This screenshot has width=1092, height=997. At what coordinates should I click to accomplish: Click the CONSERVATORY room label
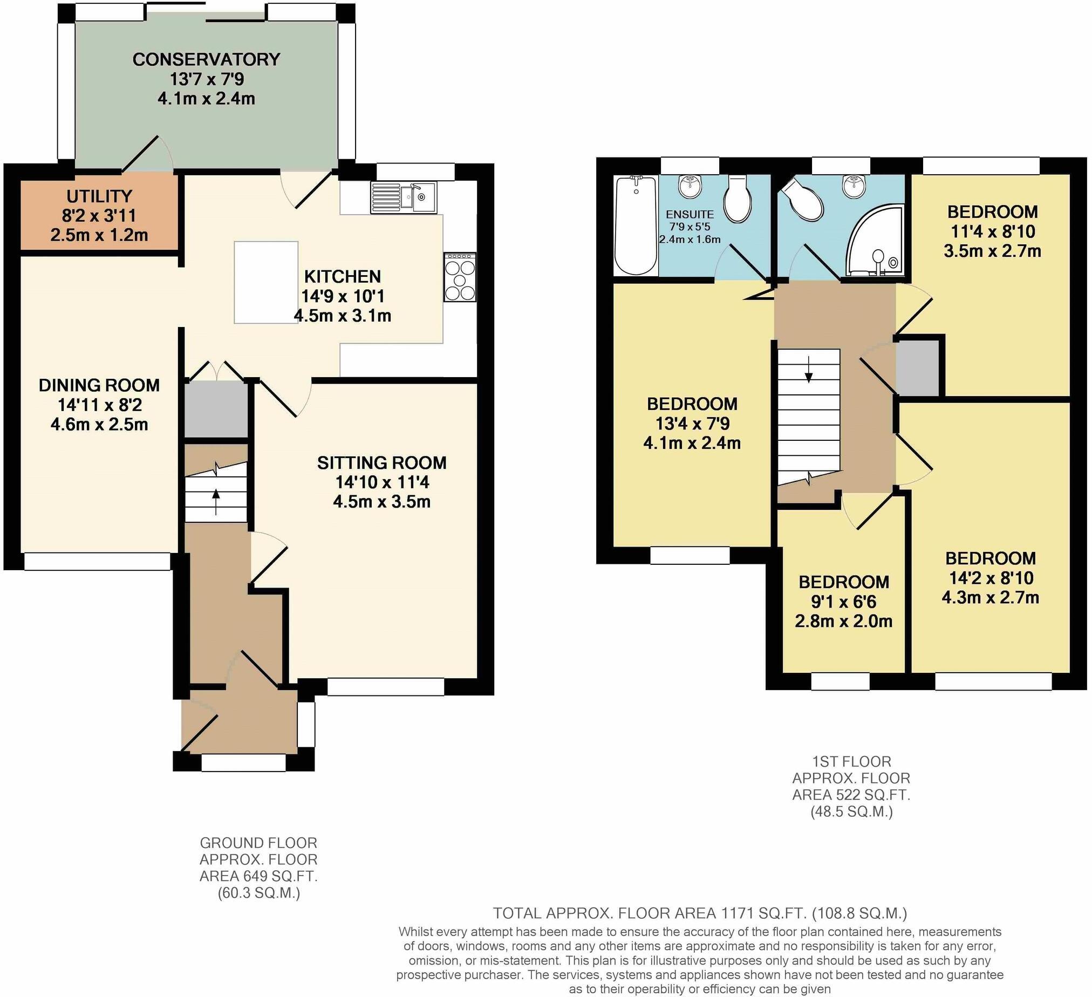click(x=206, y=59)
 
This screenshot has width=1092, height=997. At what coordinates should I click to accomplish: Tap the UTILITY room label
click(x=99, y=196)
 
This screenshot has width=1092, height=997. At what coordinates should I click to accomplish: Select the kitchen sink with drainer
click(x=404, y=197)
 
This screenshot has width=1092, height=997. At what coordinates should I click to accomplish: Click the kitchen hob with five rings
click(x=460, y=277)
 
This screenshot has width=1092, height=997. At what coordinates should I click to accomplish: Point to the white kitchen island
click(x=265, y=282)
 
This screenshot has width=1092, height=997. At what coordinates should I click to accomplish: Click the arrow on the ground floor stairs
click(x=216, y=501)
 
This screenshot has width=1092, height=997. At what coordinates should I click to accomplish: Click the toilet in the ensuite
click(x=737, y=198)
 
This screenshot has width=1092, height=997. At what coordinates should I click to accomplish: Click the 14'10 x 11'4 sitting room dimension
click(x=381, y=482)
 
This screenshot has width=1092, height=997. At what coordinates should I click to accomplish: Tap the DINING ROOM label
click(x=99, y=386)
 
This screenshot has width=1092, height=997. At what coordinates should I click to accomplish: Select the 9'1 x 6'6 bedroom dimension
click(x=843, y=602)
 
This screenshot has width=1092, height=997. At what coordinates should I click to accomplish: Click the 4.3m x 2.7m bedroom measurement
click(x=990, y=597)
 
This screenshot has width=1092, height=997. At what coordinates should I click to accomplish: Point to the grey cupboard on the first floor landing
click(x=917, y=368)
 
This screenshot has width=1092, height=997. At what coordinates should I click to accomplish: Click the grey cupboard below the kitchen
click(x=216, y=410)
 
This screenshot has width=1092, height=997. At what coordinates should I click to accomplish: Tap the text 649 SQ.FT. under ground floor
click(x=258, y=876)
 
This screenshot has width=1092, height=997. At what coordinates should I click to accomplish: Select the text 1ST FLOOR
click(x=851, y=762)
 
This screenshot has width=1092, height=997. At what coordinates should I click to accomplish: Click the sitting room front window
click(x=386, y=687)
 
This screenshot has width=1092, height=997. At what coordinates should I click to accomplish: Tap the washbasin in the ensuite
click(x=690, y=186)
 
